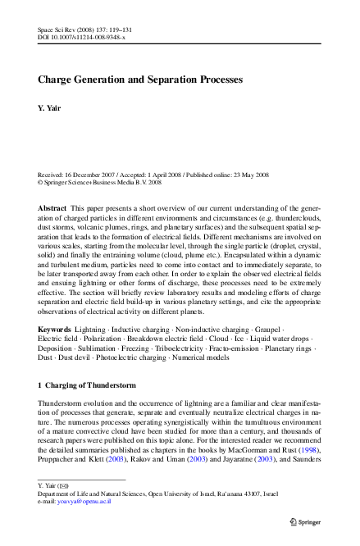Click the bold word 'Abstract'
pos(52,209)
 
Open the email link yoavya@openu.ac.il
pos(84,501)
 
